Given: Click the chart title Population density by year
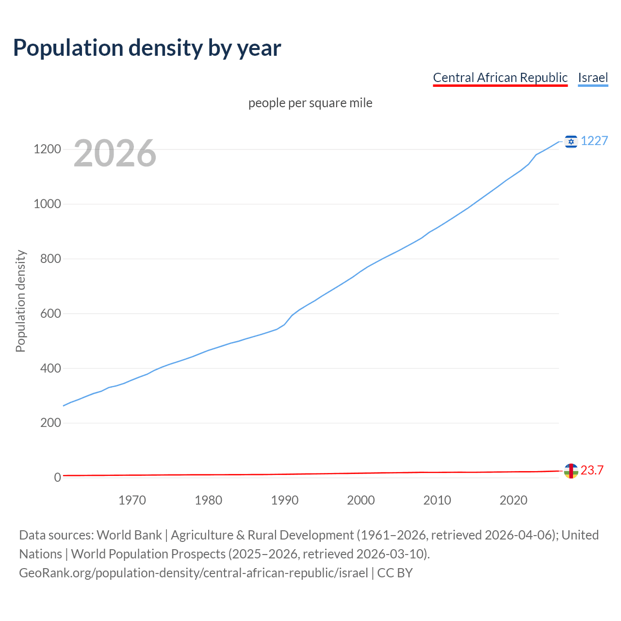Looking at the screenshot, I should pyautogui.click(x=147, y=48).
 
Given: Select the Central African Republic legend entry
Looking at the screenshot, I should pyautogui.click(x=500, y=78).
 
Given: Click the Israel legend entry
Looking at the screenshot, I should pyautogui.click(x=593, y=78).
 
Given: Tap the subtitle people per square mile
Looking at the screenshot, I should pyautogui.click(x=310, y=103).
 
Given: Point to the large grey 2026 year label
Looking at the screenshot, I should pyautogui.click(x=115, y=153).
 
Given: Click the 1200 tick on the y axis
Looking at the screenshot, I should pyautogui.click(x=47, y=149).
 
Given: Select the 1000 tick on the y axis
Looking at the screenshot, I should pyautogui.click(x=47, y=204).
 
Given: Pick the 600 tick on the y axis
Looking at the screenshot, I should pyautogui.click(x=50, y=313).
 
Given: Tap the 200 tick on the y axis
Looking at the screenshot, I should pyautogui.click(x=50, y=423).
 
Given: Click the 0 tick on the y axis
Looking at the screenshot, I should pyautogui.click(x=58, y=478).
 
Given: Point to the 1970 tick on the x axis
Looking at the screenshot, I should pyautogui.click(x=132, y=500).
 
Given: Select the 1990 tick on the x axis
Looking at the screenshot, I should pyautogui.click(x=285, y=500).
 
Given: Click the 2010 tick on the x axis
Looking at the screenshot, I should pyautogui.click(x=437, y=500).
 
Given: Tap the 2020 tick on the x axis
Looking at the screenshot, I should pyautogui.click(x=513, y=500).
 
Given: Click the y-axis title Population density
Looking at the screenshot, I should pyautogui.click(x=20, y=301).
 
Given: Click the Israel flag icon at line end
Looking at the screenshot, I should pyautogui.click(x=571, y=141).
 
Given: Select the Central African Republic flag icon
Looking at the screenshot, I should pyautogui.click(x=571, y=471).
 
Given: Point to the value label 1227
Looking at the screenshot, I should pyautogui.click(x=594, y=141).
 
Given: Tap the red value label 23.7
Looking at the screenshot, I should pyautogui.click(x=592, y=470).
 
